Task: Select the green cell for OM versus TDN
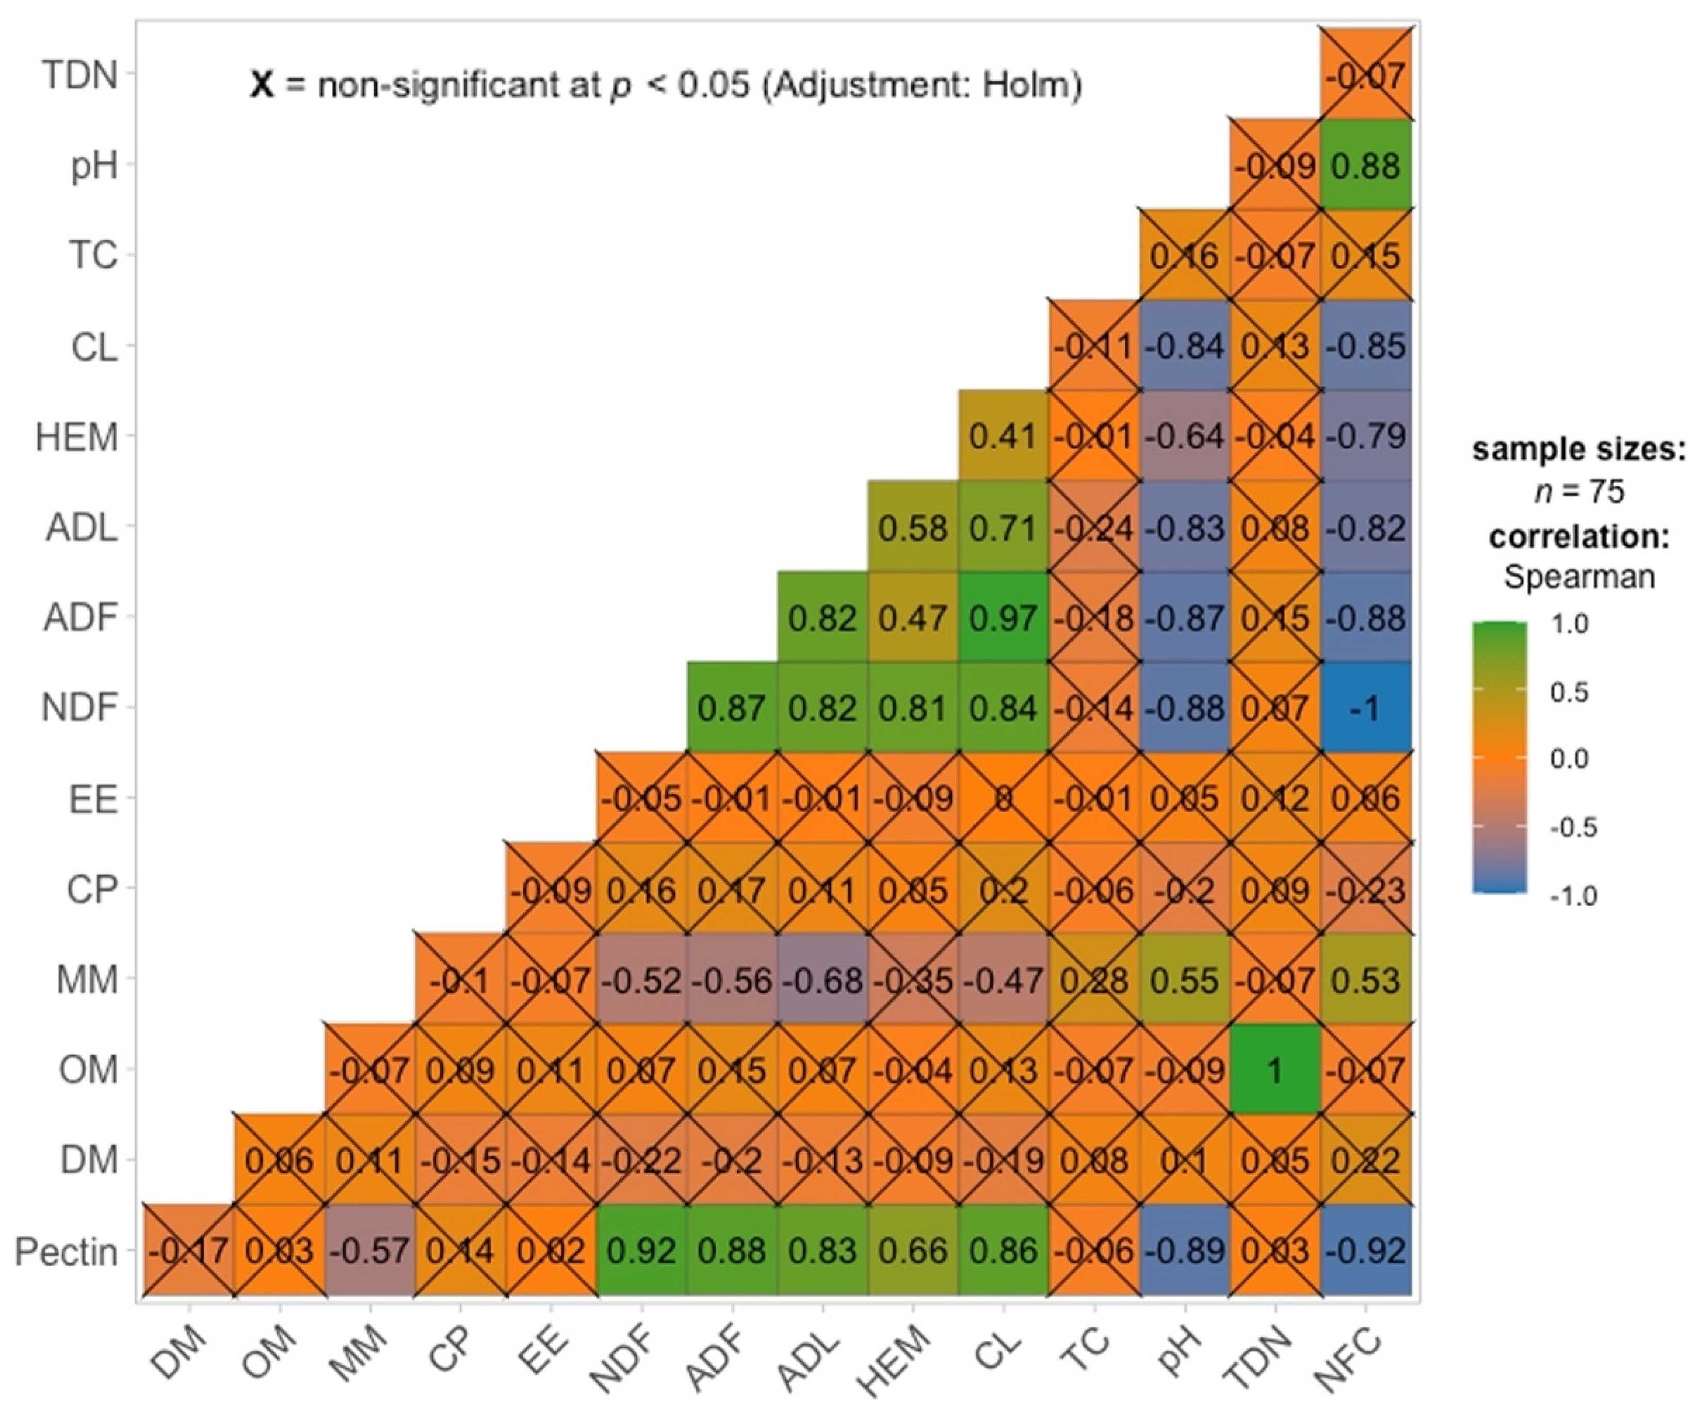[1276, 1070]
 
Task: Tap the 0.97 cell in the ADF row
[1003, 618]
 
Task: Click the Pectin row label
[66, 1252]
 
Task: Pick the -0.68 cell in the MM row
[823, 980]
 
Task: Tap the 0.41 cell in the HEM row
[1003, 436]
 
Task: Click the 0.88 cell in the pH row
[1366, 166]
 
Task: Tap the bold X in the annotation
[262, 84]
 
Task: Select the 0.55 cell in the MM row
[1186, 980]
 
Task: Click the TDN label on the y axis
[79, 76]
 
